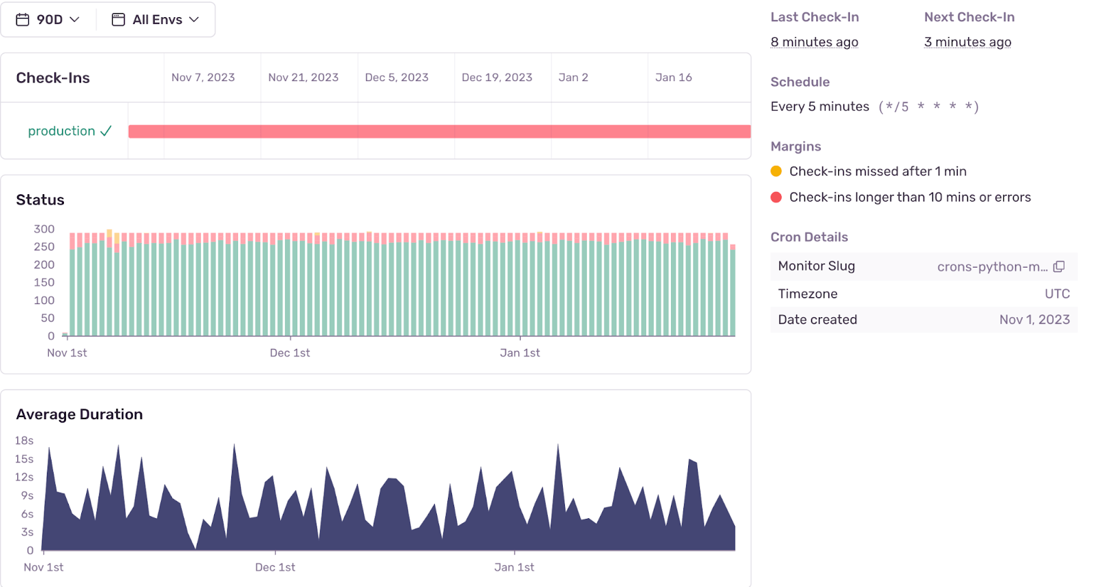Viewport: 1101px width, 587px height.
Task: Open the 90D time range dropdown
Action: click(48, 19)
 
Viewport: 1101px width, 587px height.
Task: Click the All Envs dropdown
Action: click(156, 19)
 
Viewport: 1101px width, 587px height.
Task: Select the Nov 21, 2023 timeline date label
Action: click(303, 78)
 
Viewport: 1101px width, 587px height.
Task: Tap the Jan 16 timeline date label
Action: click(673, 78)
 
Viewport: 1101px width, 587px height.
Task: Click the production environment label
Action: click(61, 131)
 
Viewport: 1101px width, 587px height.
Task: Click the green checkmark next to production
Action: click(106, 131)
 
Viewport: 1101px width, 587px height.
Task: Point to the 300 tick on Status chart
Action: click(44, 229)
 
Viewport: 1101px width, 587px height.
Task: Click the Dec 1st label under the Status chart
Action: click(290, 353)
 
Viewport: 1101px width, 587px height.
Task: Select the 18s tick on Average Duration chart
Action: click(24, 440)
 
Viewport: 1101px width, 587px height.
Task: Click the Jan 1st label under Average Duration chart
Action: click(514, 567)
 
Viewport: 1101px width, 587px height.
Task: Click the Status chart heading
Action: click(40, 200)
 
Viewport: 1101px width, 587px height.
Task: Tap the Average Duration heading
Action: click(79, 414)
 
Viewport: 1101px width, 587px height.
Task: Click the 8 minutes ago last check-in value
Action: click(814, 42)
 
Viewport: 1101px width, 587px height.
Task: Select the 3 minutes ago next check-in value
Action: click(968, 42)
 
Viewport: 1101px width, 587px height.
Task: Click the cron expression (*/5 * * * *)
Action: click(928, 107)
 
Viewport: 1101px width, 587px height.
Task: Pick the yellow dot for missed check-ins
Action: click(776, 171)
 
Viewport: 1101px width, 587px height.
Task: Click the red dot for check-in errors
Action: click(776, 198)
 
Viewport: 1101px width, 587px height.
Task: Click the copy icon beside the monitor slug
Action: click(1059, 266)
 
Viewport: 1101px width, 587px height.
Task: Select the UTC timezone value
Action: click(1057, 294)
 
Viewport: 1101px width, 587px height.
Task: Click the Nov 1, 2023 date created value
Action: click(1034, 320)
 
